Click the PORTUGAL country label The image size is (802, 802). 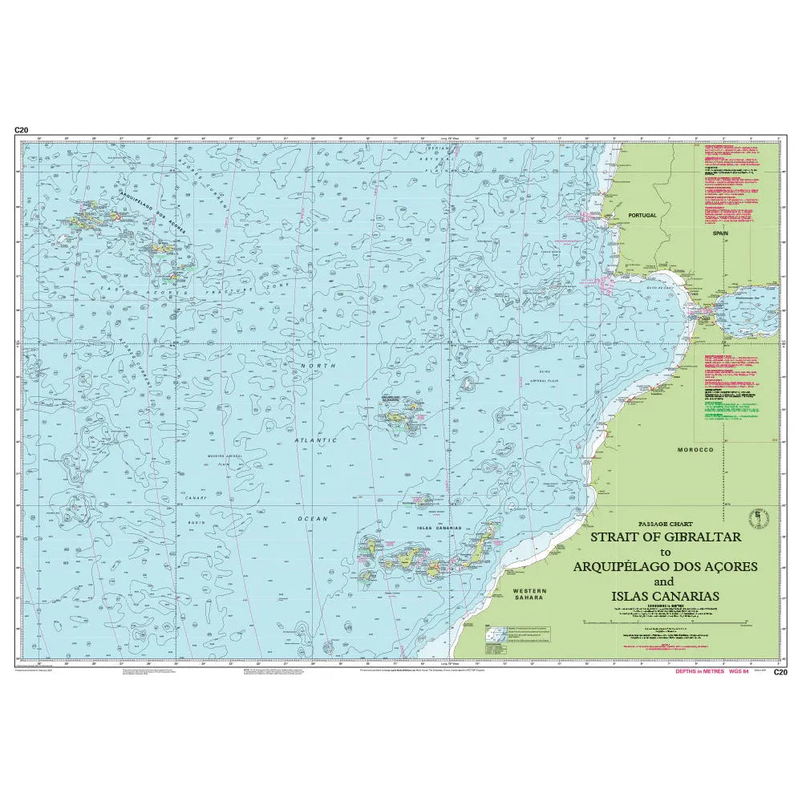coord(642,216)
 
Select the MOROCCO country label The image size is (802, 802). coord(695,450)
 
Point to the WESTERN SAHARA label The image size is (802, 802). coord(529,593)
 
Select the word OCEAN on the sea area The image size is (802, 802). coord(313,519)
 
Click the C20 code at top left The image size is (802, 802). coord(21,130)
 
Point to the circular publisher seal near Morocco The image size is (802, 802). coord(755,513)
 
